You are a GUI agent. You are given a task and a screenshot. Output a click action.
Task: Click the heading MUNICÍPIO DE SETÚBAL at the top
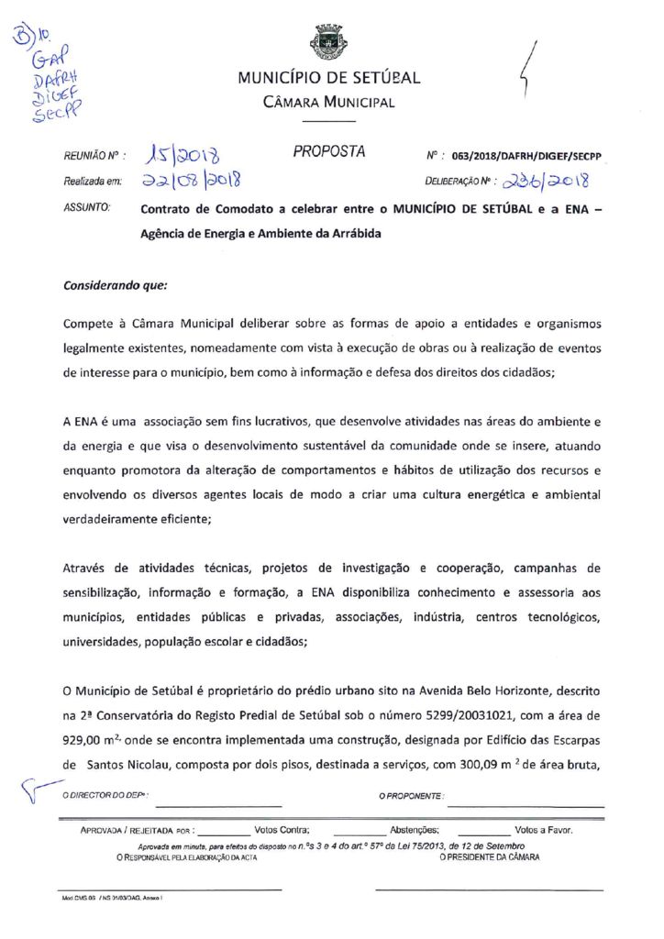(329, 78)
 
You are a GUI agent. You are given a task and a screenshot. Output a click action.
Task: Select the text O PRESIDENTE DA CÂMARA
(490, 856)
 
